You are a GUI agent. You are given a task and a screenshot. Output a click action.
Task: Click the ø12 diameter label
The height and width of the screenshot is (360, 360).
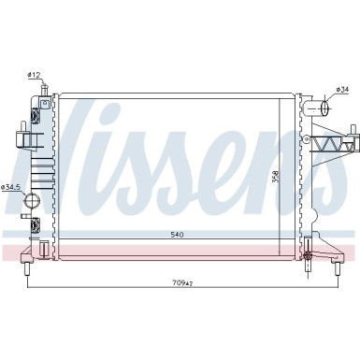coord(33,74)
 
